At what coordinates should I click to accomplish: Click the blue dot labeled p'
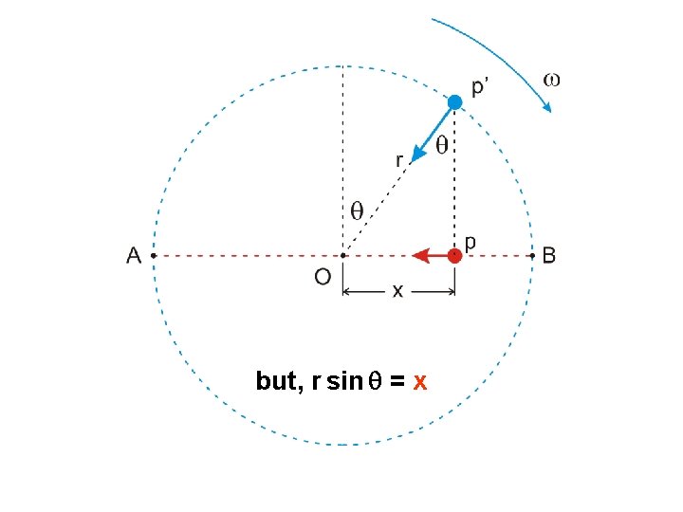click(x=455, y=102)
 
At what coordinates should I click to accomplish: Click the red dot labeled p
click(x=455, y=255)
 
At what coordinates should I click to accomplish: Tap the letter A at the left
click(x=134, y=256)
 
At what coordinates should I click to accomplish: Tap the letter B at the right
click(x=549, y=256)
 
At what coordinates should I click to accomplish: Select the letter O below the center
click(x=323, y=277)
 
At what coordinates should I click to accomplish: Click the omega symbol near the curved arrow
click(x=550, y=80)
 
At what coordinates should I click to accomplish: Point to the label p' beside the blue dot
click(x=481, y=88)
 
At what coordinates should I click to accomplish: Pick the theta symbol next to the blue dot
click(x=442, y=145)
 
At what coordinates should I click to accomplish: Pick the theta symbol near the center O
click(x=358, y=210)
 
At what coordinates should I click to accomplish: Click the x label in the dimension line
click(x=397, y=291)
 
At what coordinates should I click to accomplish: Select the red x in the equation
click(x=419, y=382)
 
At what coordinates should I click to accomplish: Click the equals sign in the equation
click(x=397, y=382)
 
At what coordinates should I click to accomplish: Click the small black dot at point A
click(x=154, y=256)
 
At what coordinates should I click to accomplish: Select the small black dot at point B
click(x=531, y=256)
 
